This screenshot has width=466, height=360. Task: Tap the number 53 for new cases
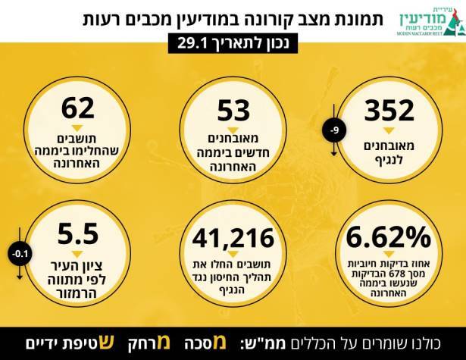coord(233,111)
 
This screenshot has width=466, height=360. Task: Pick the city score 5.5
coord(78,233)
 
